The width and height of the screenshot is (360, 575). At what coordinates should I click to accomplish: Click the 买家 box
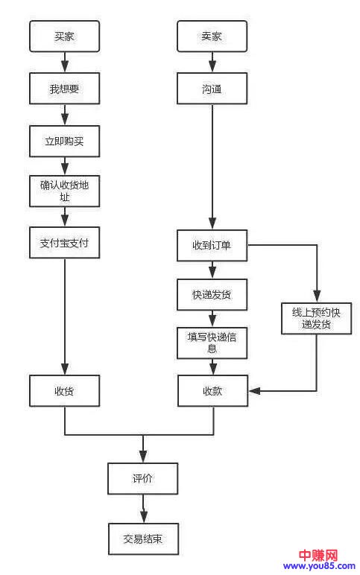coord(64,36)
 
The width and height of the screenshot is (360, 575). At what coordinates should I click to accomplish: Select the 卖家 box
coord(212,36)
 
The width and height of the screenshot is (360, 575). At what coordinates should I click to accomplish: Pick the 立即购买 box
coord(64,141)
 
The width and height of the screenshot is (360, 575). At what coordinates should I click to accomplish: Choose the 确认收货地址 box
coord(64,191)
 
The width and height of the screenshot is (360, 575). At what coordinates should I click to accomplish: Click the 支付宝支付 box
coord(64,242)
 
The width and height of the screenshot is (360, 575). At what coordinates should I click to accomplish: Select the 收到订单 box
coord(212,246)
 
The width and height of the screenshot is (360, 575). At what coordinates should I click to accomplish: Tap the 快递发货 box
coord(212,294)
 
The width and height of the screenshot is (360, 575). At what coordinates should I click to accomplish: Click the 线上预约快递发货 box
coord(316,318)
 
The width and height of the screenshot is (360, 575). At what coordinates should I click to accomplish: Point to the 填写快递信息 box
coord(212,342)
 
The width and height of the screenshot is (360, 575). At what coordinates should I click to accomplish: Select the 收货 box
coord(64,391)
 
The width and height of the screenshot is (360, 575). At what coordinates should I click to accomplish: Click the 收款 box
coord(212,391)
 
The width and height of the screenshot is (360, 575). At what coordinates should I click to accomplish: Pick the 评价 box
coord(142,478)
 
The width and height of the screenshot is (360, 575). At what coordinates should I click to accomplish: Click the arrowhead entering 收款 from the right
coord(253,391)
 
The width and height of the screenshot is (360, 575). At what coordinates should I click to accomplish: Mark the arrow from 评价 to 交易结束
coord(142,509)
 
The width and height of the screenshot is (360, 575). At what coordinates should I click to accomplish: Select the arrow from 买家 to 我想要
coord(64,63)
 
